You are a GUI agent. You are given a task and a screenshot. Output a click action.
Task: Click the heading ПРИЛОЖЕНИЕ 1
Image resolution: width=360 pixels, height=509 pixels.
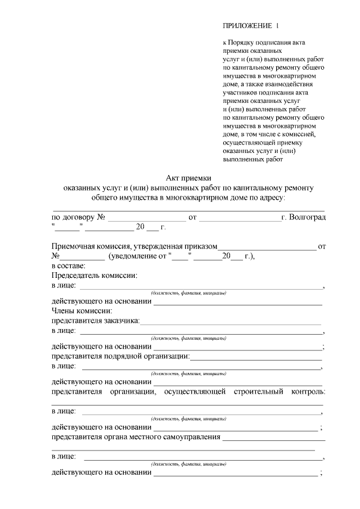[250, 26]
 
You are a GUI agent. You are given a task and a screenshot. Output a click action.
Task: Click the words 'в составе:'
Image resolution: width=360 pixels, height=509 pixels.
[69, 265]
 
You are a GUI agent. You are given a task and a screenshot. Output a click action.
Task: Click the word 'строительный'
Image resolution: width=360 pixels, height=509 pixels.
[258, 391]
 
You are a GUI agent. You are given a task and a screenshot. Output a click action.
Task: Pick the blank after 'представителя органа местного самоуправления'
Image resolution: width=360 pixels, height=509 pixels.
[274, 438]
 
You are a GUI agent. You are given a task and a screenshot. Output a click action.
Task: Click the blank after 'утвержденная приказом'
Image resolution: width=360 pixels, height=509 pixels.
[267, 247]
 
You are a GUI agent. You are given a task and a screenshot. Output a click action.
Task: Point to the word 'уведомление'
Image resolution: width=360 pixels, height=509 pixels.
[136, 256]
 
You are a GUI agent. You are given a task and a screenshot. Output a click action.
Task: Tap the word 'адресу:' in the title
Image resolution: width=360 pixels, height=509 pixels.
[272, 197]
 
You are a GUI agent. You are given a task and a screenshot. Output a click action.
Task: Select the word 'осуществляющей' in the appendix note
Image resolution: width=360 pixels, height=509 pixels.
[250, 143]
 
